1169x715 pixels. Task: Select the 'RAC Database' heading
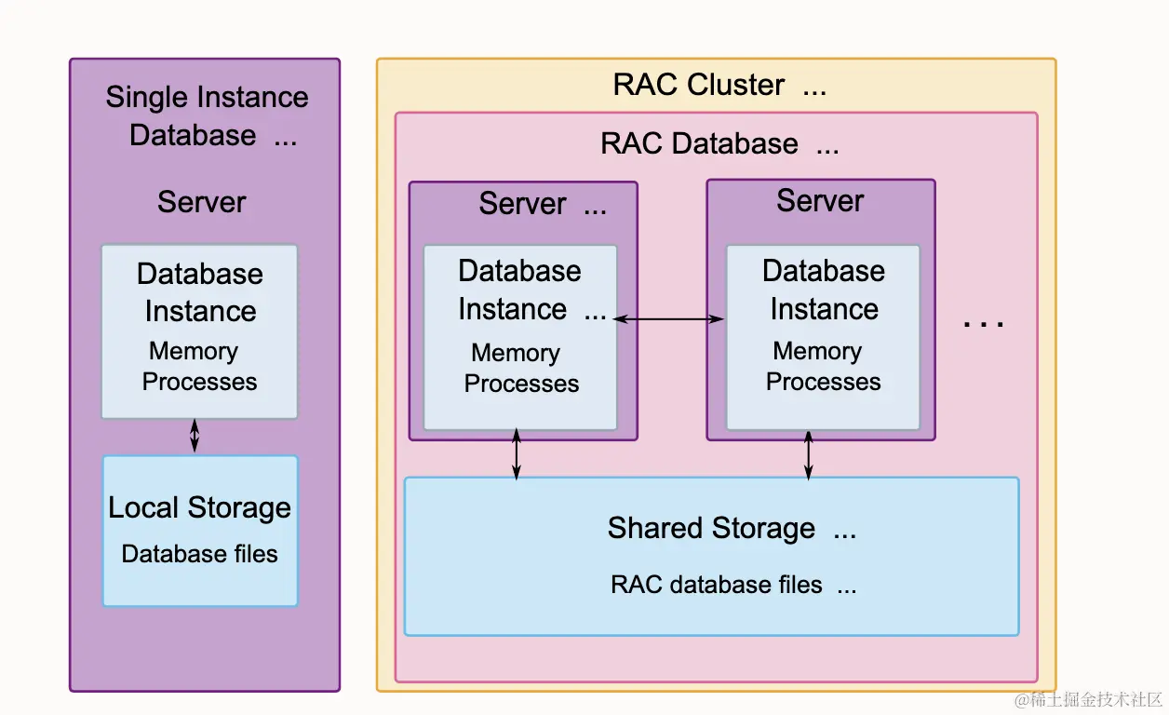tap(699, 144)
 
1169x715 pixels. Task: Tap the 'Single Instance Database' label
tap(206, 115)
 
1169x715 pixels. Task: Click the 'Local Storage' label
tap(199, 507)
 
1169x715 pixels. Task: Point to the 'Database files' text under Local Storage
tap(199, 554)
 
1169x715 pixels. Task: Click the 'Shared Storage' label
tap(711, 528)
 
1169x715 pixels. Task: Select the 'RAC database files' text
tap(716, 585)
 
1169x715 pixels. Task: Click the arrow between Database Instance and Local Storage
tap(195, 436)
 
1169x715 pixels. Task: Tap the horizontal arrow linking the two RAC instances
tap(668, 319)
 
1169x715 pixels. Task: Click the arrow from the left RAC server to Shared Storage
tap(517, 455)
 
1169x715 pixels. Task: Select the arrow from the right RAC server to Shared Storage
tap(808, 455)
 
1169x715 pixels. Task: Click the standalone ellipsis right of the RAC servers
tap(983, 323)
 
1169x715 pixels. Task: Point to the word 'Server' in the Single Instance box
tap(202, 202)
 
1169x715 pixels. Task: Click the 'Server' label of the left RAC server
tap(522, 204)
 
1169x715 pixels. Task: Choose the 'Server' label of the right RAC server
tap(820, 201)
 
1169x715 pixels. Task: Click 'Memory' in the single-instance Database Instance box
tap(194, 351)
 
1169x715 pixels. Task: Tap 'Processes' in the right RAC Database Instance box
tap(823, 382)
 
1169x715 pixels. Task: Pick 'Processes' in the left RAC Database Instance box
tap(521, 384)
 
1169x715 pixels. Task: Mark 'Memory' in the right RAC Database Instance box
tap(817, 351)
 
